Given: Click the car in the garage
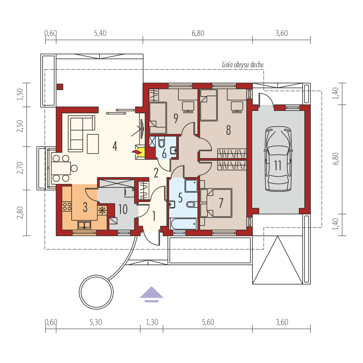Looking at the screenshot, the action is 278,159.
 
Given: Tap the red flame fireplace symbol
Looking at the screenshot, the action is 136,152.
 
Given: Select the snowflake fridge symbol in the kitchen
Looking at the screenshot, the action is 102,210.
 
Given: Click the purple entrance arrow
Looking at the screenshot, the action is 151,294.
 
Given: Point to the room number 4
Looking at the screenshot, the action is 115,146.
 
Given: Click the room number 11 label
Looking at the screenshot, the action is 278,165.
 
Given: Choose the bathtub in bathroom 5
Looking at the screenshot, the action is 183,224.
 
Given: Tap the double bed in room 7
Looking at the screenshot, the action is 216,203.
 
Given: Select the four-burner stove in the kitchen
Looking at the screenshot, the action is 67,206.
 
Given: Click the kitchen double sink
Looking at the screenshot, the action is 84,225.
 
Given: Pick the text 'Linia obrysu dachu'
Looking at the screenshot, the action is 243,64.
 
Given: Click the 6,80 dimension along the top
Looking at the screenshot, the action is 198,33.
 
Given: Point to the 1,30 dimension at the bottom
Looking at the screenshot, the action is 152,322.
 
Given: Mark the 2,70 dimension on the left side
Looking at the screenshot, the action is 20,168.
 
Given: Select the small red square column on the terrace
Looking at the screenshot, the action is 60,87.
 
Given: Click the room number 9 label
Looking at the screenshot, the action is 176,118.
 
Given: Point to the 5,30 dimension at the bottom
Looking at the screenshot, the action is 96,322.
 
